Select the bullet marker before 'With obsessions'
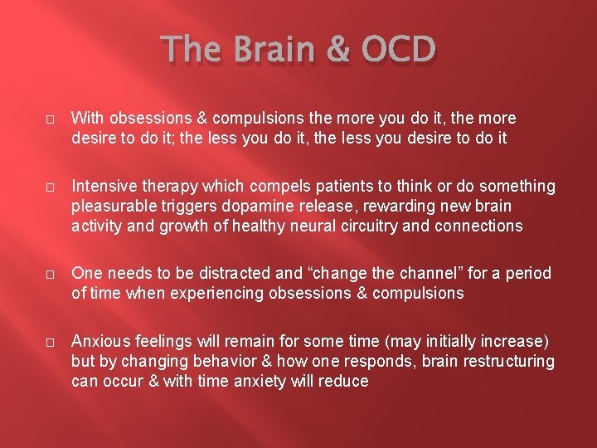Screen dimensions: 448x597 pyautogui.click(x=49, y=119)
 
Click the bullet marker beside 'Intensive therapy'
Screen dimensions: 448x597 pyautogui.click(x=49, y=187)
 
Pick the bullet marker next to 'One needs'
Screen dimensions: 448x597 pyautogui.click(x=49, y=275)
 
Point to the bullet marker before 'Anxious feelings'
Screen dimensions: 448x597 pyautogui.click(x=49, y=342)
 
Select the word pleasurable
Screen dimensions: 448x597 pyautogui.click(x=109, y=206)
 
